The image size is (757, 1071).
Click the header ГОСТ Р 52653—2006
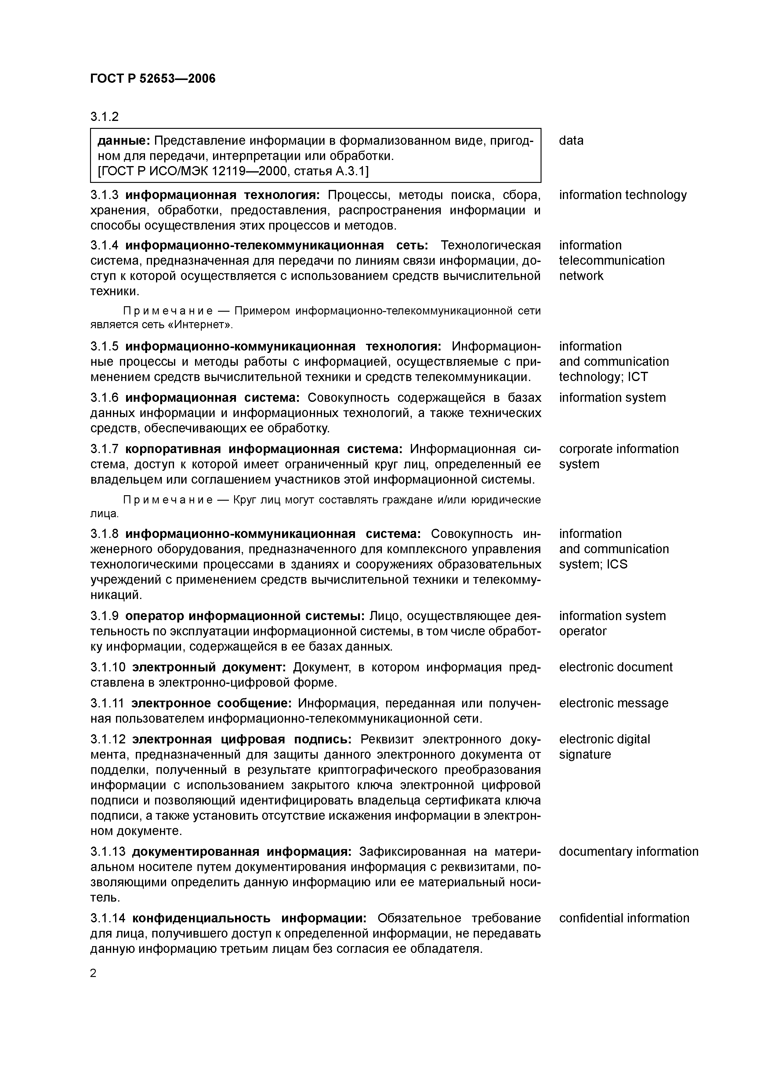pos(153,78)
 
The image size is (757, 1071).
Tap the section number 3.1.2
pos(104,117)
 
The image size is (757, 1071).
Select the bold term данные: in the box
pos(123,140)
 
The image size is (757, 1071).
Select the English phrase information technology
pos(623,195)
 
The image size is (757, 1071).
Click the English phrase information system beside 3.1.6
pos(612,398)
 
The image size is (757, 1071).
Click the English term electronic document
pos(616,667)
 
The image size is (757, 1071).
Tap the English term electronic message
pos(613,703)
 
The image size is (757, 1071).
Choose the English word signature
pos(585,754)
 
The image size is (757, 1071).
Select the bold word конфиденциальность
pos(201,918)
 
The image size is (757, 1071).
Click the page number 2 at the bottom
pos(93,973)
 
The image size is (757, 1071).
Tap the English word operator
pos(583,631)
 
